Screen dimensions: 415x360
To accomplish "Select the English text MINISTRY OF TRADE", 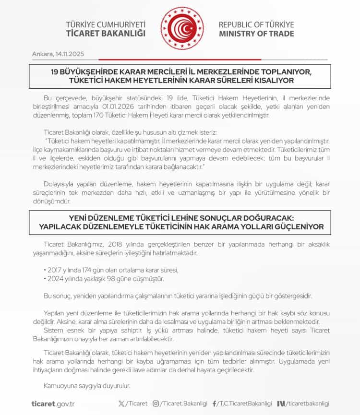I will [x=256, y=34].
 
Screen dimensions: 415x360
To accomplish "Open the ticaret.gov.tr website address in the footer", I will [x=52, y=404].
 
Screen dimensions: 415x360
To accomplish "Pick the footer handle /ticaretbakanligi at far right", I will [x=308, y=403].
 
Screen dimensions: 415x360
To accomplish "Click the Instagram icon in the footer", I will [x=156, y=403].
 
